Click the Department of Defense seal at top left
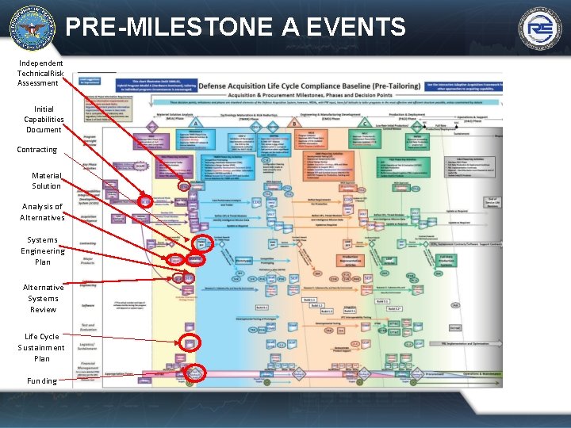click(32, 27)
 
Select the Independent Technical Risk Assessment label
click(40, 73)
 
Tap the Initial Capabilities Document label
click(44, 119)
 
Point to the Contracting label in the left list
click(37, 149)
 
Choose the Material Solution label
click(46, 181)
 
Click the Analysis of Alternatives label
click(43, 212)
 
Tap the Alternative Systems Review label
click(43, 298)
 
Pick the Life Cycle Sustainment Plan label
click(42, 347)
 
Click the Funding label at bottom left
click(41, 380)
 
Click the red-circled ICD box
click(145, 201)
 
